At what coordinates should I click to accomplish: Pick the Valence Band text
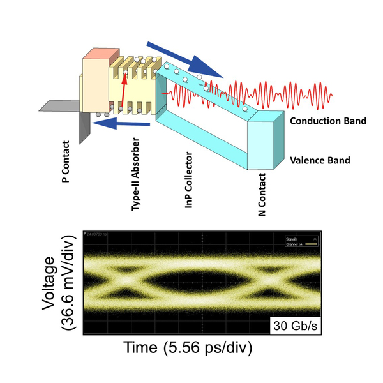pyautogui.click(x=320, y=161)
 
